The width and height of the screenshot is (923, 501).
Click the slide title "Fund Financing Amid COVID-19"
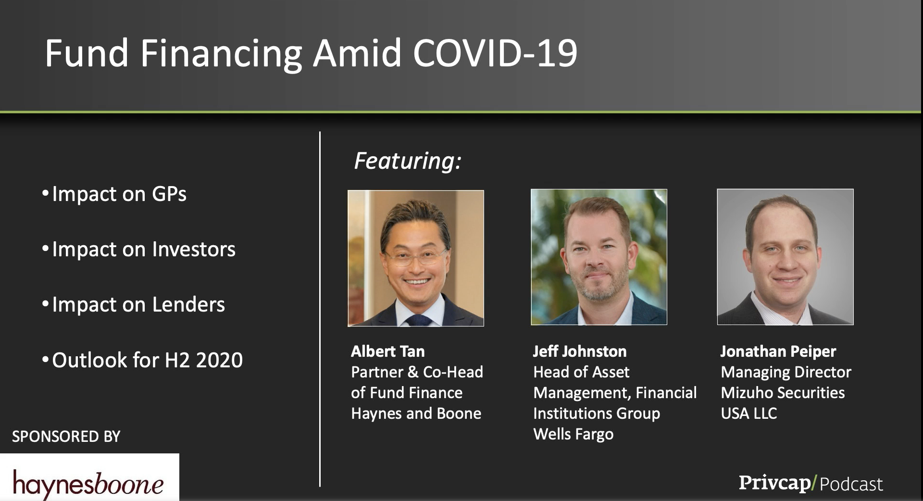(311, 53)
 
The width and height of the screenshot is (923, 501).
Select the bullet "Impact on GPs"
(114, 194)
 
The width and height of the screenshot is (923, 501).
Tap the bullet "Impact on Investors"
(138, 249)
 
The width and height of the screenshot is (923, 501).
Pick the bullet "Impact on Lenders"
(133, 304)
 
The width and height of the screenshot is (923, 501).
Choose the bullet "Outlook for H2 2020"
(142, 360)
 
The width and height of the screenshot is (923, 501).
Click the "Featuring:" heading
(408, 161)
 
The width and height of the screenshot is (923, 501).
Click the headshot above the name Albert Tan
(416, 258)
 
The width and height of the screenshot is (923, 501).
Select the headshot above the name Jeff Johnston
(599, 257)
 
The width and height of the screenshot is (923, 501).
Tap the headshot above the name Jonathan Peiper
(786, 257)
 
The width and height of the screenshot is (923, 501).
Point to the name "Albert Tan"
(388, 351)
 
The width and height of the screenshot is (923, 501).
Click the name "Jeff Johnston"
(580, 351)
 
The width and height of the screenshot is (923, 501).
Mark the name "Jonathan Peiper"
(778, 351)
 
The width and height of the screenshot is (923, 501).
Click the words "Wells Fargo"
(574, 434)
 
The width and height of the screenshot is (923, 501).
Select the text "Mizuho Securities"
(783, 393)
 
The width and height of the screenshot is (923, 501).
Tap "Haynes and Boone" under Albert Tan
(416, 413)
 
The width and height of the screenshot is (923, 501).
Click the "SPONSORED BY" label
(66, 437)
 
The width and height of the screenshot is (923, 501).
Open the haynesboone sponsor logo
(89, 477)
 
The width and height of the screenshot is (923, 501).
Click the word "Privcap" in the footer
(774, 483)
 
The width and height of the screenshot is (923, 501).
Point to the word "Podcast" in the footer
(851, 484)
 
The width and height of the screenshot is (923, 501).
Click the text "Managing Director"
(786, 372)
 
